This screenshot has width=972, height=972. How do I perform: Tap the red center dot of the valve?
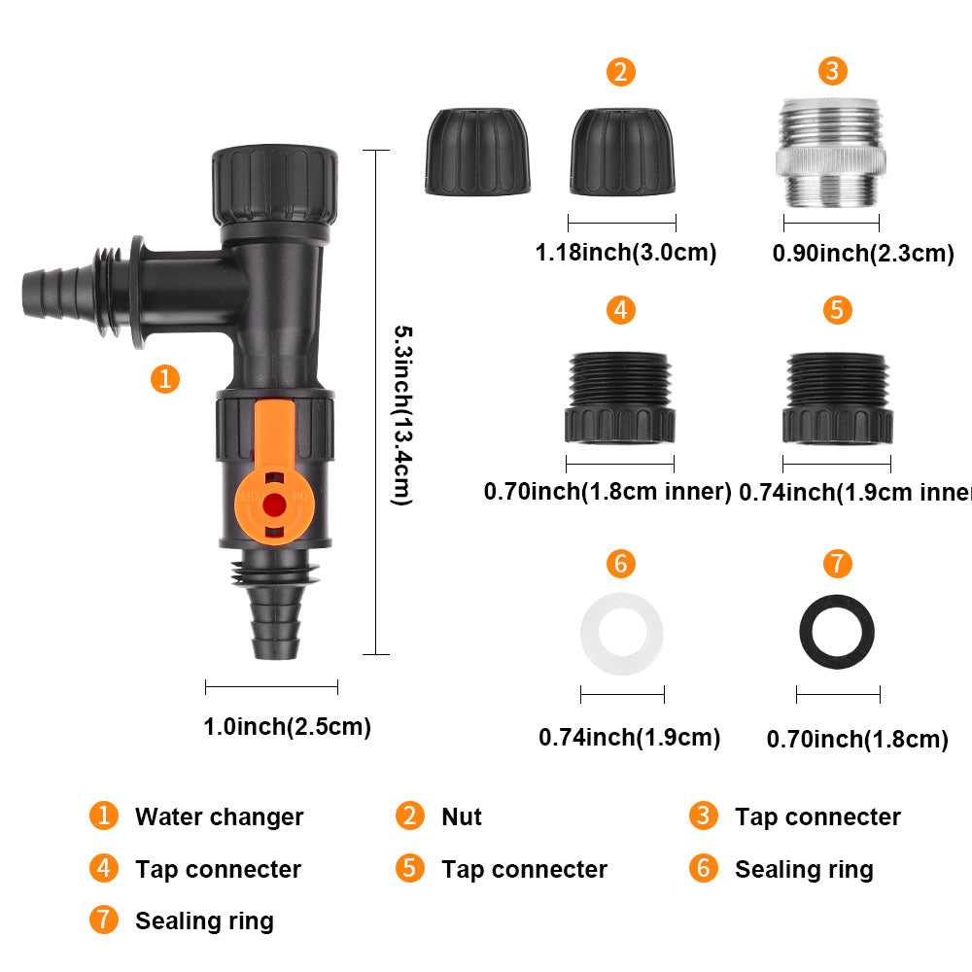(275, 503)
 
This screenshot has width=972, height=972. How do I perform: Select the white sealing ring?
(622, 635)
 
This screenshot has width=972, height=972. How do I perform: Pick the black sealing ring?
(837, 634)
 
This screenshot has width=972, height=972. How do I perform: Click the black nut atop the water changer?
(276, 185)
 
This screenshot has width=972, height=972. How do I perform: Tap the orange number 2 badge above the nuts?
(621, 72)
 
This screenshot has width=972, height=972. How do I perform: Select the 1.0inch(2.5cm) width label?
(287, 727)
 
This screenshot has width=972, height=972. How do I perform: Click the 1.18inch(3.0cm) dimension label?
(625, 254)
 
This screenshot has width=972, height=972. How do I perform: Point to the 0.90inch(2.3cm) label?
(862, 255)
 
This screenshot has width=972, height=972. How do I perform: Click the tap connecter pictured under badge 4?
(620, 398)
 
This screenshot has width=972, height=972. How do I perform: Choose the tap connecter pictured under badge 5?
(837, 398)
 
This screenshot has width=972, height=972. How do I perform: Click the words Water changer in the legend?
(219, 817)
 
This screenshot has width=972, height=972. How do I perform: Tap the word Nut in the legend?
(461, 817)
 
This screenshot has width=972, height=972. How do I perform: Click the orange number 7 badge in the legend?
(103, 920)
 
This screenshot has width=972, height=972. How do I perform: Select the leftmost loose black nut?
(477, 152)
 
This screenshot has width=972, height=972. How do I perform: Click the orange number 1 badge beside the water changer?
(165, 378)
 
